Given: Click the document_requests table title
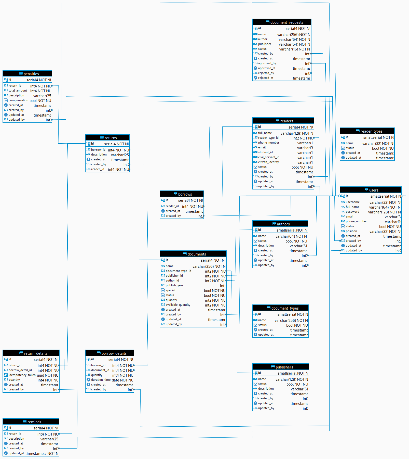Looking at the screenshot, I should click(287, 22).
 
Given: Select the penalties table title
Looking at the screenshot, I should click(31, 74).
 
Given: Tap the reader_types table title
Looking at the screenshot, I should click(371, 131).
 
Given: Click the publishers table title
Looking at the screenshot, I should click(284, 367).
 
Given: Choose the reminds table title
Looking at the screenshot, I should click(34, 422).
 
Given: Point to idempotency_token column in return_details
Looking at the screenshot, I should click(22, 375).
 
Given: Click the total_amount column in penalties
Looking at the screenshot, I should click(18, 91).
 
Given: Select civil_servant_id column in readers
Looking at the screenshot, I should click(268, 157).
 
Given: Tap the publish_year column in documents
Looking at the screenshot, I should click(174, 285).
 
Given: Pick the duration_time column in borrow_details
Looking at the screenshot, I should click(101, 380).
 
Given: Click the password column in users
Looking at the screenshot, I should click(352, 212).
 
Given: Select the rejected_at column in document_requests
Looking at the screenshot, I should click(265, 78).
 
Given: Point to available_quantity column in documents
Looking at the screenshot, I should click(178, 305).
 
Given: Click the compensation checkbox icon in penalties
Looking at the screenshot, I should click(6, 100).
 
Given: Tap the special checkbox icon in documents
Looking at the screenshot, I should click(163, 290).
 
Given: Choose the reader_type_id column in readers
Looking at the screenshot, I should click(268, 138).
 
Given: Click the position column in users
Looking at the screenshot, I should click(351, 231).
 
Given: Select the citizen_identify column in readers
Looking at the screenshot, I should click(268, 162).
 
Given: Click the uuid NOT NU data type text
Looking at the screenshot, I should click(48, 375).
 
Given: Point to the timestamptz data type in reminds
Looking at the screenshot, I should click(42, 454).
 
